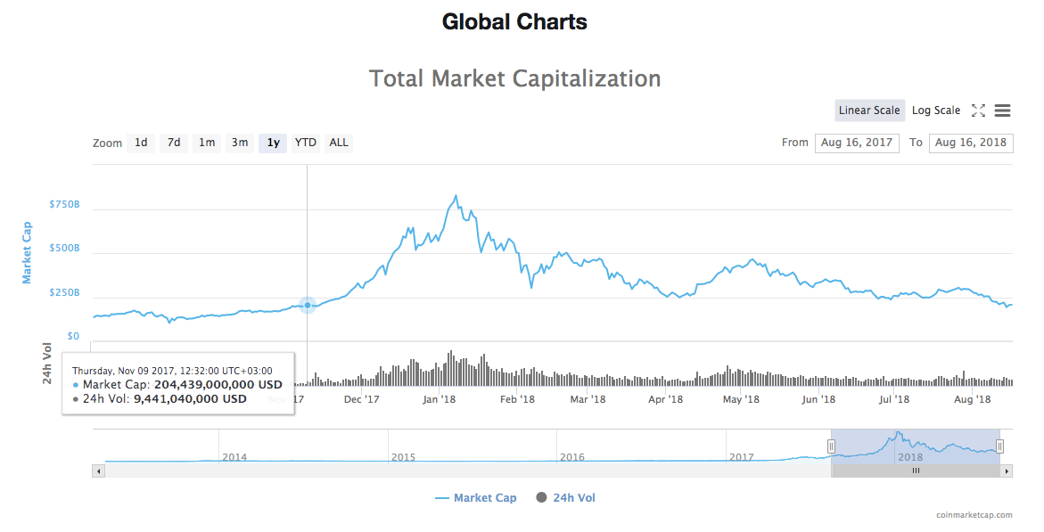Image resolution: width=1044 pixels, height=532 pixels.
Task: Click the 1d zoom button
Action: point(141,143)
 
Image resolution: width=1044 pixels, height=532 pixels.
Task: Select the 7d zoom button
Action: point(174,143)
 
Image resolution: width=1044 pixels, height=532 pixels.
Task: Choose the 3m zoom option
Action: point(240,143)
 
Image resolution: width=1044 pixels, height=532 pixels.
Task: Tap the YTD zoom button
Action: point(306,143)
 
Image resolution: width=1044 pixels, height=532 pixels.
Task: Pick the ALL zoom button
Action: point(339,143)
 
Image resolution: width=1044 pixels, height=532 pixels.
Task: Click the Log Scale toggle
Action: point(936,110)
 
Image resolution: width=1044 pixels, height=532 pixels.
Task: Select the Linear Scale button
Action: point(869,110)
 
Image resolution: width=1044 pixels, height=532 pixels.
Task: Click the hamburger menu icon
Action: point(1002,110)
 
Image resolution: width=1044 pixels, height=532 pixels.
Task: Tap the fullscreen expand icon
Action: point(978,110)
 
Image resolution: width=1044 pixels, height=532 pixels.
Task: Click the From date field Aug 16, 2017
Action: point(857,143)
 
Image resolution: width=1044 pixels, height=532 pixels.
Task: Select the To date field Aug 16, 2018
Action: point(971,143)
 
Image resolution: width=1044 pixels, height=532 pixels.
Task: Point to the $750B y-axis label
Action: point(64,204)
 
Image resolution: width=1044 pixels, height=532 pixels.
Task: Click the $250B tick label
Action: point(64,292)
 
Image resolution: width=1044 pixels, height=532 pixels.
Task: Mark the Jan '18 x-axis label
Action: point(440,399)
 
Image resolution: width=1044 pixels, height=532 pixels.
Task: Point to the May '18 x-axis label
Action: point(740,399)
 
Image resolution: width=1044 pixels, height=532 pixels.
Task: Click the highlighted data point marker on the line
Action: point(308,305)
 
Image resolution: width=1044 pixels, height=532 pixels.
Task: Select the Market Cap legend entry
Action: point(476,498)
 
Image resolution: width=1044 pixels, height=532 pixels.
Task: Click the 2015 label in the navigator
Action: point(403,457)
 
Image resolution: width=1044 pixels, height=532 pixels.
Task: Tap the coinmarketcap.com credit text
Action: point(974,515)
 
